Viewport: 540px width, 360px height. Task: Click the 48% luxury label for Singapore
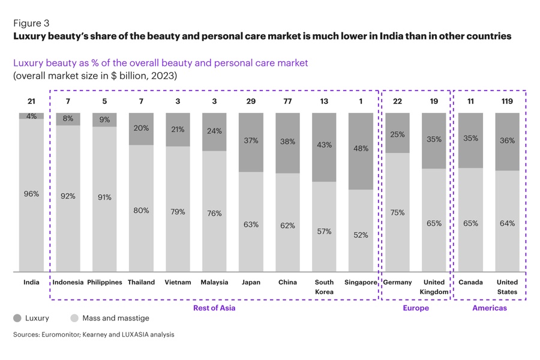click(361, 149)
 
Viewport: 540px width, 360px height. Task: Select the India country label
click(31, 282)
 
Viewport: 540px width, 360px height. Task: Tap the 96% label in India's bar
click(31, 194)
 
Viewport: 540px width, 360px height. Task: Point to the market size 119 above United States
click(507, 101)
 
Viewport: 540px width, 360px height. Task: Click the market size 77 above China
click(287, 101)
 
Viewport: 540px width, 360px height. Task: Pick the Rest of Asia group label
click(214, 308)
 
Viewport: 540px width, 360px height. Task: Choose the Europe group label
click(416, 308)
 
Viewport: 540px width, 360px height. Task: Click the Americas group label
click(489, 308)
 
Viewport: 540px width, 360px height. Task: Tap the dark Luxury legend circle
click(17, 318)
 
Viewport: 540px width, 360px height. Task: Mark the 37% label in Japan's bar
click(251, 140)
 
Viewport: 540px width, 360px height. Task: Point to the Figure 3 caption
click(31, 23)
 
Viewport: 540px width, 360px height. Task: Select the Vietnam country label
click(178, 282)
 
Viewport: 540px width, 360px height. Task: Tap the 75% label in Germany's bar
click(397, 212)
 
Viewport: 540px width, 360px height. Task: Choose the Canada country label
click(470, 282)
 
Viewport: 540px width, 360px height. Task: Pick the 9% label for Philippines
click(104, 119)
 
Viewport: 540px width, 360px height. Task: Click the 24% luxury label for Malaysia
click(214, 131)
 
